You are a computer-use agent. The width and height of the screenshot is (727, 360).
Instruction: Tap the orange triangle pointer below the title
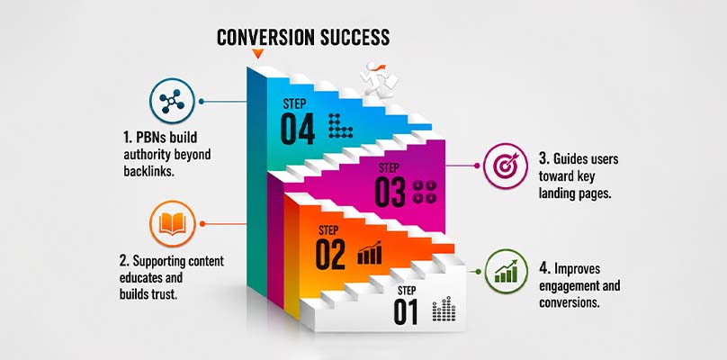click(258, 53)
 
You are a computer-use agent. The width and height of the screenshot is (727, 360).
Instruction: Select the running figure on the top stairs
click(378, 80)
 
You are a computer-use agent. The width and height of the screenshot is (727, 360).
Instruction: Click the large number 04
click(298, 129)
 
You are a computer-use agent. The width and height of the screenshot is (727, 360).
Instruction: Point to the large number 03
click(390, 192)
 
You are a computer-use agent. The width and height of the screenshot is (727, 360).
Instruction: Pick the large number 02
click(330, 254)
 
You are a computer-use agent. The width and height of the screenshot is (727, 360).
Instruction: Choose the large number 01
click(406, 311)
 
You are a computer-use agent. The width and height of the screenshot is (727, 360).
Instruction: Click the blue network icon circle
click(172, 101)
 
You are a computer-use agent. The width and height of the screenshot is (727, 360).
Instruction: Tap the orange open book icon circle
click(173, 223)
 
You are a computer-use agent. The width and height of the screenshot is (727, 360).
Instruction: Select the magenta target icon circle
click(506, 166)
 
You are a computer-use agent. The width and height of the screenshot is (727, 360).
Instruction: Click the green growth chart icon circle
click(507, 272)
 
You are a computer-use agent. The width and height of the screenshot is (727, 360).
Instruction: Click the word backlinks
click(148, 171)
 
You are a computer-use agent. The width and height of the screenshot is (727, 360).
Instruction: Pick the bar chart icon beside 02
click(370, 253)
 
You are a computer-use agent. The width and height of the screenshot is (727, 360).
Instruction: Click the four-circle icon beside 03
click(425, 192)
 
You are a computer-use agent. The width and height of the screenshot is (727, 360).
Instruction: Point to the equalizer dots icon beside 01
click(444, 309)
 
